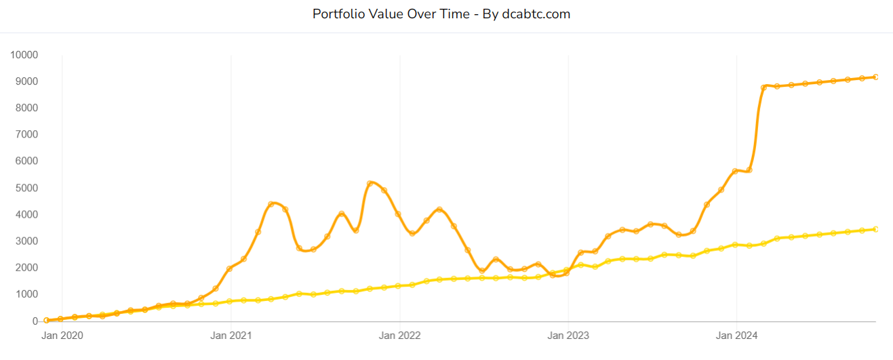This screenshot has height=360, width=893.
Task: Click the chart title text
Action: [441, 14]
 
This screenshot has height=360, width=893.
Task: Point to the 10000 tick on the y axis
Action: [25, 55]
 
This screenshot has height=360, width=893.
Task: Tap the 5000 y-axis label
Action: [28, 188]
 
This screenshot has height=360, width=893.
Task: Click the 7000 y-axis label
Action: [28, 135]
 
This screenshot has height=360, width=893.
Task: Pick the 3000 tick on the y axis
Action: [28, 241]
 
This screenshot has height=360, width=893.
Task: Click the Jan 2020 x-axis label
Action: [62, 335]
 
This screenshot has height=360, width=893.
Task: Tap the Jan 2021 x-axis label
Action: [231, 335]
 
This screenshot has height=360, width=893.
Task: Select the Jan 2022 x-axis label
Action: [399, 335]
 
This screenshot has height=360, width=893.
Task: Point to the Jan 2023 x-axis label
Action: [568, 335]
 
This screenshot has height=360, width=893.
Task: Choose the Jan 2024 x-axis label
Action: [736, 335]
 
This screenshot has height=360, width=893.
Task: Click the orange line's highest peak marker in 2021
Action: [370, 183]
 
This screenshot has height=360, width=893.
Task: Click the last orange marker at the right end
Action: [876, 77]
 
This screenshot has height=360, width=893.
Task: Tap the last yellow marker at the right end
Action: [876, 229]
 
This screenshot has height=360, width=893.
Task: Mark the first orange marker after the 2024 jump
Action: [764, 87]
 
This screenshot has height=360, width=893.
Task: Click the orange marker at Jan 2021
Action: [230, 268]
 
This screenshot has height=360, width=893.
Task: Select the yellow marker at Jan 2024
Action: [736, 244]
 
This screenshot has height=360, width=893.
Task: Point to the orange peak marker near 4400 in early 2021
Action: [271, 204]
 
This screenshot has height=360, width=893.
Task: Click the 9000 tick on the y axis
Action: [28, 81]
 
